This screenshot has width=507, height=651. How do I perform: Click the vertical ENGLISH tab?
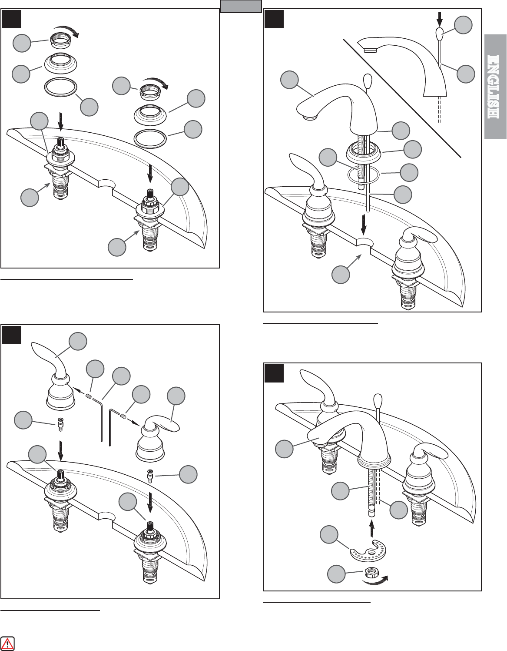tap(495, 87)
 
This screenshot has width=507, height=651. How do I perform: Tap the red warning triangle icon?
tap(7, 643)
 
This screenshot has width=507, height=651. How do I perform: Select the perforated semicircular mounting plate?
tap(368, 551)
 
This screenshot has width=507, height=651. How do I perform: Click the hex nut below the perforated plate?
tap(371, 573)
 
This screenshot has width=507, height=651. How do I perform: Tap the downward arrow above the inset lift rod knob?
tap(439, 19)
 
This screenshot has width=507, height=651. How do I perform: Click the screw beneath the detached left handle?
tap(60, 426)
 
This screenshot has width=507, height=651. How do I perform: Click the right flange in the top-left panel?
tap(149, 114)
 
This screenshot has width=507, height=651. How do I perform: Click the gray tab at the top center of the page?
tap(241, 6)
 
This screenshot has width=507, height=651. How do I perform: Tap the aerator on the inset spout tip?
tap(370, 50)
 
